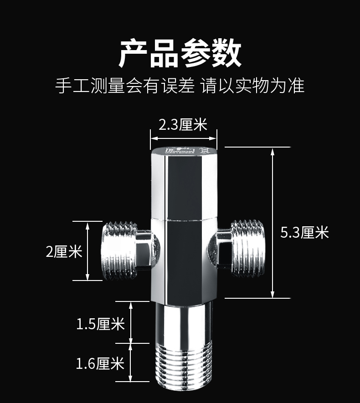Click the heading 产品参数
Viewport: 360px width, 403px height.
(x=180, y=53)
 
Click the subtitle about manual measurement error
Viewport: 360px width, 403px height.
(x=180, y=85)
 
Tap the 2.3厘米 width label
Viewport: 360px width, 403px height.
(x=183, y=124)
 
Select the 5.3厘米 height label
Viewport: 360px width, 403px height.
(x=304, y=233)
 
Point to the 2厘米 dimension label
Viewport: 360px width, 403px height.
(x=64, y=251)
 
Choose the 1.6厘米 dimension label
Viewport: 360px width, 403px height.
(x=100, y=363)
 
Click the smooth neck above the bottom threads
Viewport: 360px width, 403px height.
(x=183, y=323)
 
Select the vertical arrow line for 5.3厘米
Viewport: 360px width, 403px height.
(x=273, y=223)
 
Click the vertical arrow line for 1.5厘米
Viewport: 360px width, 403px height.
(x=131, y=322)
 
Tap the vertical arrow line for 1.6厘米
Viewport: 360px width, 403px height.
(x=131, y=362)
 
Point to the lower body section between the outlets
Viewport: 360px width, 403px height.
(x=183, y=260)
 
